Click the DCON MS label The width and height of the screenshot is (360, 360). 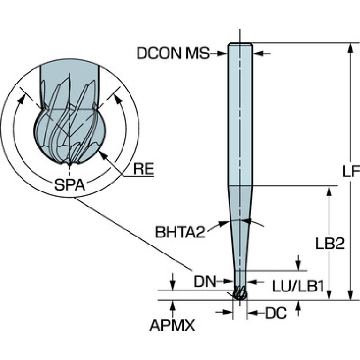(173, 54)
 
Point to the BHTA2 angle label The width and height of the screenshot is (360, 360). (180, 232)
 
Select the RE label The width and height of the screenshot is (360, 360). (144, 169)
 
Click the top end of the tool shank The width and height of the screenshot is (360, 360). (240, 45)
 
